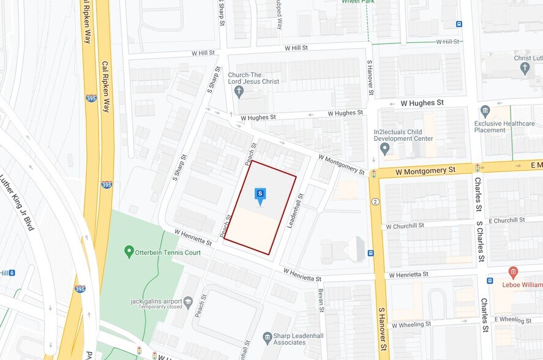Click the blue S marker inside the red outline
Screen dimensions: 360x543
tap(260, 195)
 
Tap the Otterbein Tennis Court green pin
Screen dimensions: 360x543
tap(129, 251)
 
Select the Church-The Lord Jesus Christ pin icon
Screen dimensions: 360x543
tap(239, 91)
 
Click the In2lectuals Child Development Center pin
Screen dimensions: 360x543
tap(384, 148)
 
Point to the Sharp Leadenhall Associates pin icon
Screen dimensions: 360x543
tap(267, 337)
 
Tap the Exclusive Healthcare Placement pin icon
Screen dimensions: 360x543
tap(485, 111)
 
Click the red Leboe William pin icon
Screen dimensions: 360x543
tap(513, 272)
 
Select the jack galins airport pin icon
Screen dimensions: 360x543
tap(188, 302)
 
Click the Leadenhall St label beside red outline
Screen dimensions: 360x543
tap(296, 212)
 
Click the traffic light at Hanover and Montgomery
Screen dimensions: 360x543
tap(373, 174)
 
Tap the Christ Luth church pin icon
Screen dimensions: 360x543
tap(525, 67)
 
